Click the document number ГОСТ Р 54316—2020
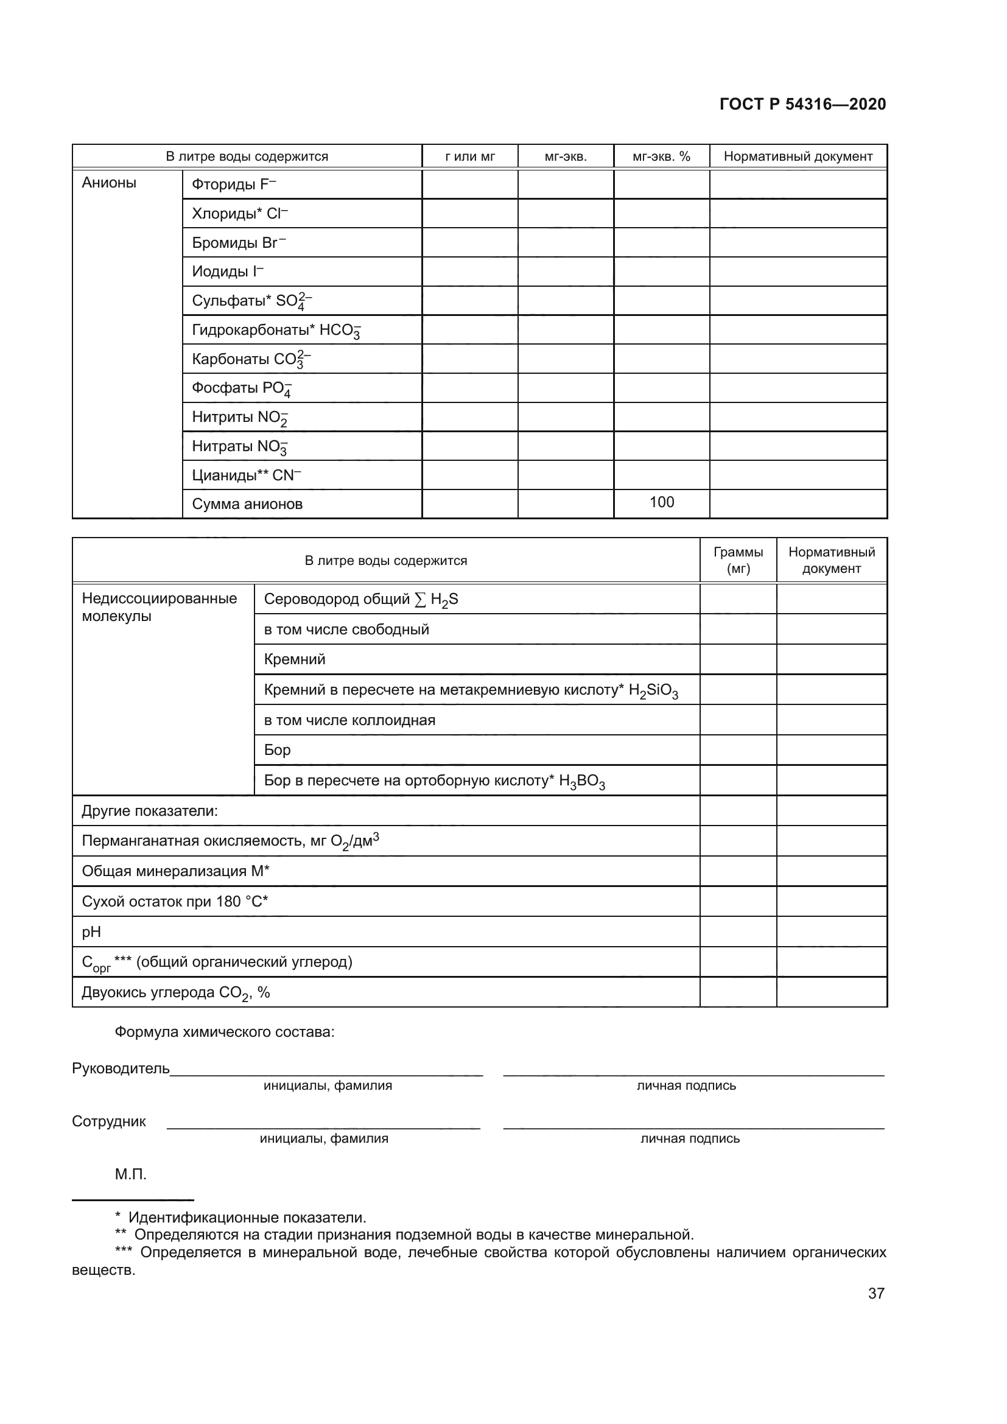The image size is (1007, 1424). coord(802,104)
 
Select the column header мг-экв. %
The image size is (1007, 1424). coord(661,156)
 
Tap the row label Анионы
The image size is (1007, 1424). coord(109,183)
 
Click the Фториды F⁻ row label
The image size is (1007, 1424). coord(234,184)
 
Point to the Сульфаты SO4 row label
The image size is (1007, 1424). coord(251,301)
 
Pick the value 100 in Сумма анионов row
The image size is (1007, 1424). coord(661,502)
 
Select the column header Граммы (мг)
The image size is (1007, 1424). coord(738,560)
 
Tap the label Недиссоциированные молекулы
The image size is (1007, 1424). coord(160,607)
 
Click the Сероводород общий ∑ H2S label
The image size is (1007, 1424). coord(361,599)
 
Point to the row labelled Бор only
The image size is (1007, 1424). coord(277,750)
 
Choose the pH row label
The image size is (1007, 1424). coord(91,931)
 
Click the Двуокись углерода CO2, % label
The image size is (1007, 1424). coord(175,992)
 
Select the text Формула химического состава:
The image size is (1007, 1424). coord(225,1032)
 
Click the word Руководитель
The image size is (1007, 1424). coord(121,1068)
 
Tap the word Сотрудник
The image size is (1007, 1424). coord(109,1121)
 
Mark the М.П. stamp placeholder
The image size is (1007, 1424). coord(130,1174)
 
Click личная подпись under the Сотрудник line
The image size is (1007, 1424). coord(690,1138)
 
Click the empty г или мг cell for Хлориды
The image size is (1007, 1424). coord(469,213)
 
